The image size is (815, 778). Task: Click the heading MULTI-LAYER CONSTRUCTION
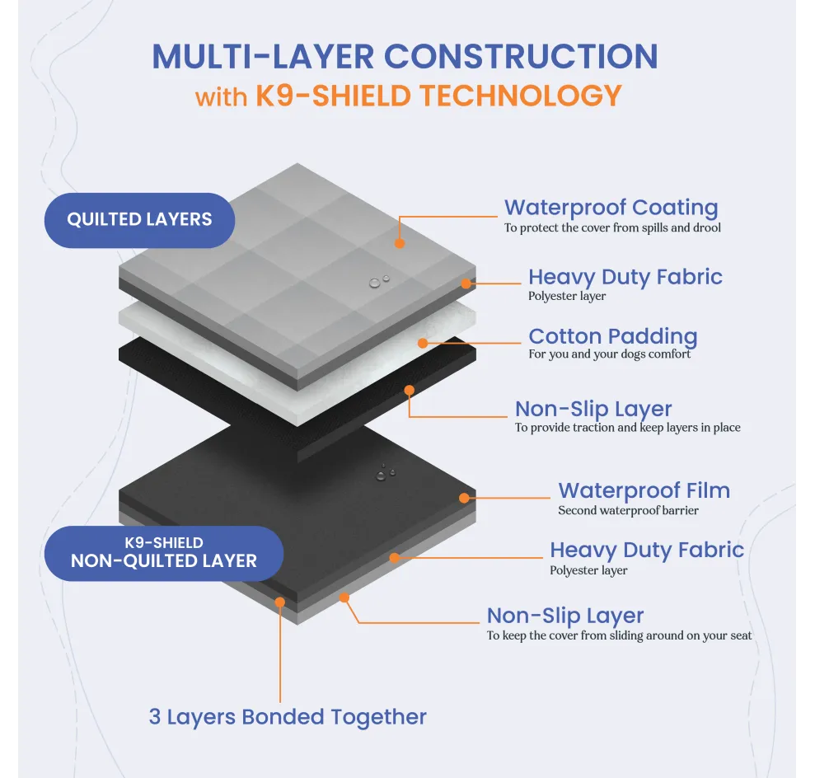point(405,56)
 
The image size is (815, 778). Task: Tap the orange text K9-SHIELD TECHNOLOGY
point(438,96)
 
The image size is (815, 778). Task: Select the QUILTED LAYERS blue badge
point(139,220)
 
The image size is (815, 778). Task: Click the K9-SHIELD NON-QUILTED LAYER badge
point(164,553)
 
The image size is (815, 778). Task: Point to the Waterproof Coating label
point(611,208)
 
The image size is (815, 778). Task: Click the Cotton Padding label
point(612,336)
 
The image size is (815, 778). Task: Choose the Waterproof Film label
point(644,490)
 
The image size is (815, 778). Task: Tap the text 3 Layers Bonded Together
point(288,717)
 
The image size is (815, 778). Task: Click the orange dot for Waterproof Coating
point(399,244)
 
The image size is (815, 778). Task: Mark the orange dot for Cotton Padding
point(423,342)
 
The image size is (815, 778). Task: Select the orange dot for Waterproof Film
point(464,498)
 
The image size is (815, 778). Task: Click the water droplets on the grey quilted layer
point(379,282)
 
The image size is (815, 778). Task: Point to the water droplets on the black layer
point(385,473)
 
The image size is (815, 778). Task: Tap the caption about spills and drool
point(612,227)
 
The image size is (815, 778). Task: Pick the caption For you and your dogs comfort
point(610,354)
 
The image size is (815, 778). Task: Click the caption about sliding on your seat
point(619,635)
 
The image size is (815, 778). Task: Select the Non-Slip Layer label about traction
point(593,409)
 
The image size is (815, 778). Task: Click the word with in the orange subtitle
point(221,97)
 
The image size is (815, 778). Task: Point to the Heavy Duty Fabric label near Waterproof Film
point(647,550)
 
